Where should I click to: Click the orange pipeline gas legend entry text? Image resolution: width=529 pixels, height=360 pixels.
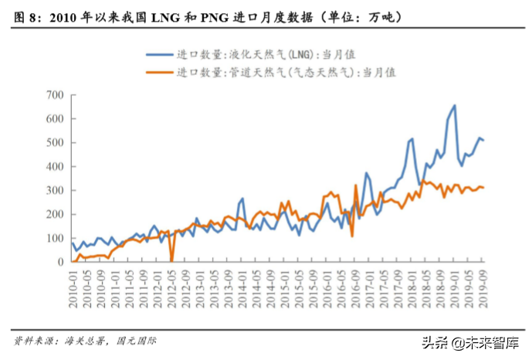(x=286, y=72)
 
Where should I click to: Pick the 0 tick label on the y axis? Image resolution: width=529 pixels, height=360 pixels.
(x=59, y=262)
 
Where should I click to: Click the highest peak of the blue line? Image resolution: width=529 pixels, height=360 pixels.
(x=454, y=106)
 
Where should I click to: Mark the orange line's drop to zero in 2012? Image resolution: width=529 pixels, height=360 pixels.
(x=171, y=260)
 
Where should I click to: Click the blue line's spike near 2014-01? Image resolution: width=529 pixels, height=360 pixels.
(x=242, y=199)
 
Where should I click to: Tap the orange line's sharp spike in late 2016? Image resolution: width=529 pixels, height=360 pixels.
(x=356, y=185)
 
